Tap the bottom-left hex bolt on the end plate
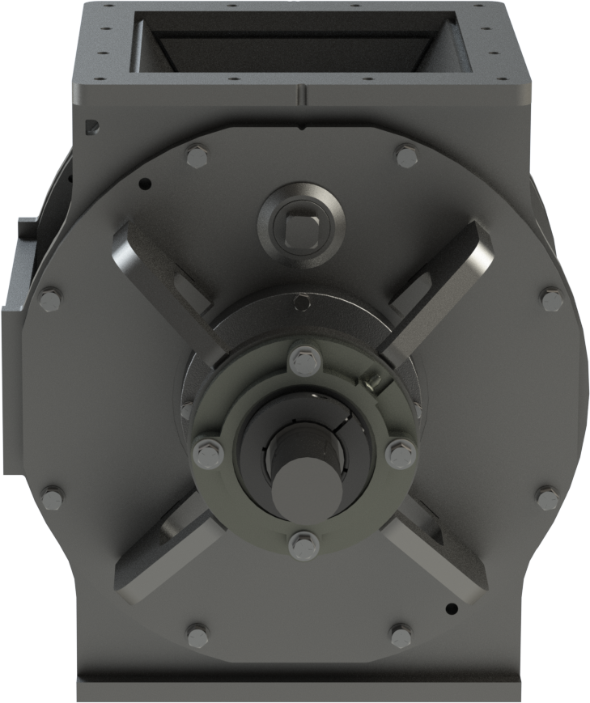coord(197,636)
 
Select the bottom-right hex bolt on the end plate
coord(401,635)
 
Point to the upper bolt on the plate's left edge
coord(50,301)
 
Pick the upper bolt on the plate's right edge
coord(552,302)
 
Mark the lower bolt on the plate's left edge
coord(52,497)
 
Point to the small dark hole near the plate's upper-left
coord(146,184)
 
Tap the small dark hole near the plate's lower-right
coord(452,608)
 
